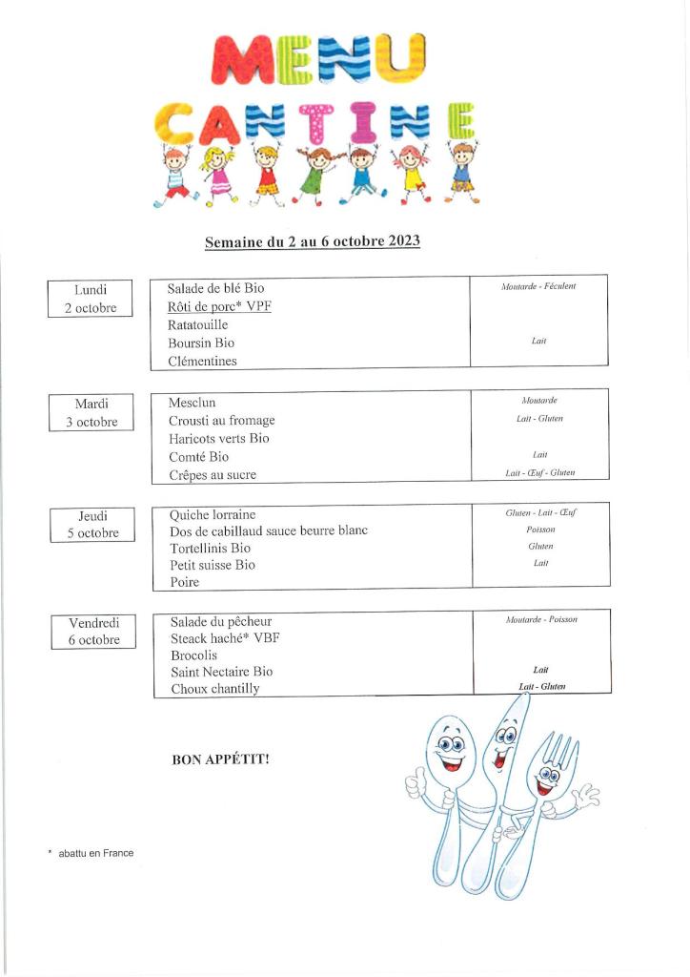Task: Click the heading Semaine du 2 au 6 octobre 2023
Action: pos(313,242)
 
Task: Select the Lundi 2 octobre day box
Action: pos(91,299)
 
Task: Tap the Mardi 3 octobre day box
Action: pos(91,413)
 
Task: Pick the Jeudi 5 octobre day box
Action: pos(92,525)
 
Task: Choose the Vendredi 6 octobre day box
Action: pos(93,631)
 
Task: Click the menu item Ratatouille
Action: pos(197,324)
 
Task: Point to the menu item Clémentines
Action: pos(202,361)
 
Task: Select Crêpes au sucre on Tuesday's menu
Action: pos(212,474)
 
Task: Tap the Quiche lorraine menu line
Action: pos(213,515)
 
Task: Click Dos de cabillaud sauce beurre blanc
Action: pos(268,530)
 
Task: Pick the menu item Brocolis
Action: pos(193,655)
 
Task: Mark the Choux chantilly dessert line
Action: pos(214,689)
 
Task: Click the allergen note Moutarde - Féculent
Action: pos(538,286)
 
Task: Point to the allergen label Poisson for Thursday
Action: pos(540,530)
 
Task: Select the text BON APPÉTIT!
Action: pos(220,759)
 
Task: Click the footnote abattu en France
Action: pos(95,853)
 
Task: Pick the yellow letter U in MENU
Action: pos(398,58)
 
